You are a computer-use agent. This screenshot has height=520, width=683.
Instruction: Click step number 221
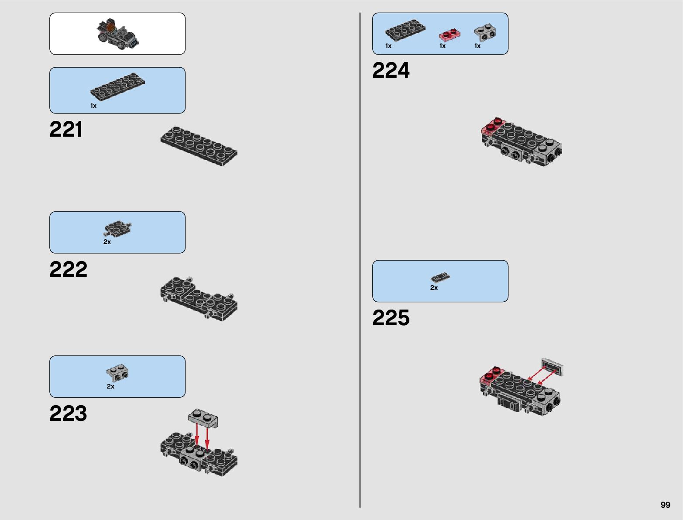pos(66,130)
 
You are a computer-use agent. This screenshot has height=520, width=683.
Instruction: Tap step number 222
pos(68,269)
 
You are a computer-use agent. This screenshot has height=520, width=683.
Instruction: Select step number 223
pos(68,413)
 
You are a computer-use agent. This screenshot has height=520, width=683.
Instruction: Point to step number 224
pos(391,70)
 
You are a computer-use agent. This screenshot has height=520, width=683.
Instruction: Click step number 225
pos(391,318)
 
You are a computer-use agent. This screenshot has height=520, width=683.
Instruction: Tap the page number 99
pos(665,505)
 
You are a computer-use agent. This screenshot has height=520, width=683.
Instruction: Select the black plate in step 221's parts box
pos(117,86)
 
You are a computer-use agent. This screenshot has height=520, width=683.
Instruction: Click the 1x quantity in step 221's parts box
pos(93,106)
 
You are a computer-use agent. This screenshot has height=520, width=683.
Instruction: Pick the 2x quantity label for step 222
pos(107,242)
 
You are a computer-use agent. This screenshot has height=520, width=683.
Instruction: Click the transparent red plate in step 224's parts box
pos(450,34)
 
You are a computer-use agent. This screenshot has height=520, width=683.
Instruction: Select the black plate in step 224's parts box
pos(405,30)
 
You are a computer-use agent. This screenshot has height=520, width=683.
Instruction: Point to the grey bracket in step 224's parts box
pos(485,33)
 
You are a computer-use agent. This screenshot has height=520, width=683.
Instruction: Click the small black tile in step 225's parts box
pos(440,277)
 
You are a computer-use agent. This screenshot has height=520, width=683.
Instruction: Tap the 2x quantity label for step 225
pos(434,288)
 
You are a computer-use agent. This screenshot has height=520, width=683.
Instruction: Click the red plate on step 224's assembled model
pos(493,126)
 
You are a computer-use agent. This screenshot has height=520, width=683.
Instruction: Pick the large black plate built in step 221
pos(199,146)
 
